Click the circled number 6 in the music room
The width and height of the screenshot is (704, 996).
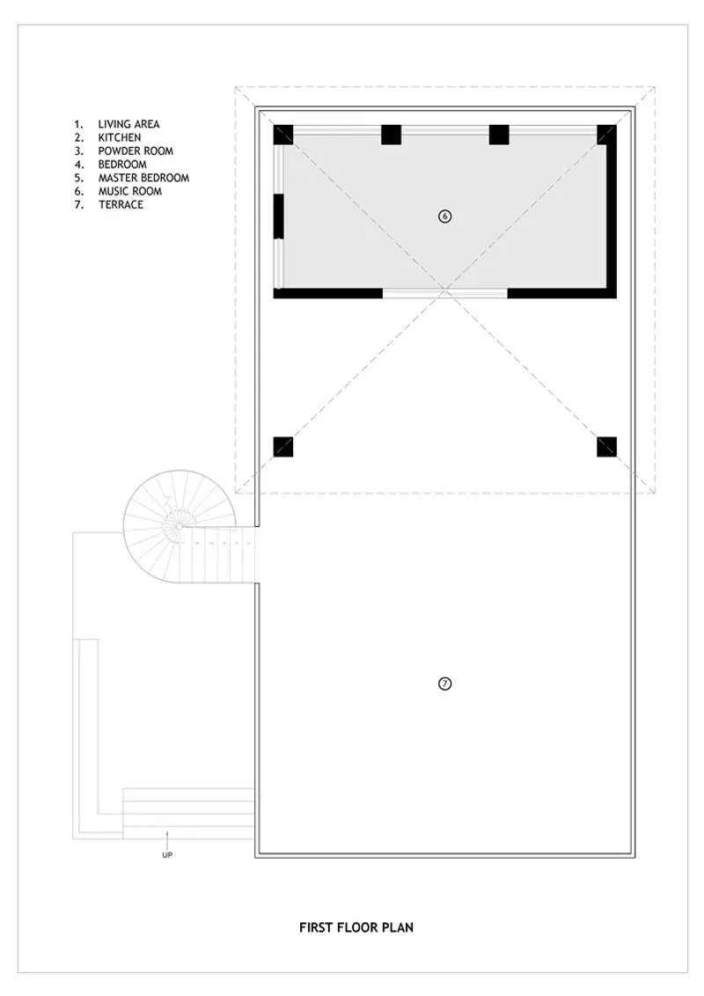click(x=444, y=216)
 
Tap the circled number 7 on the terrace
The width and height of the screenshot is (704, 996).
click(x=444, y=684)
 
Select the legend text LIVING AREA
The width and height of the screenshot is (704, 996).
click(x=129, y=124)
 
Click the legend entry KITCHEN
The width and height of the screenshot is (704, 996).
click(x=120, y=137)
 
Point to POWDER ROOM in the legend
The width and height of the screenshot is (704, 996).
click(x=136, y=150)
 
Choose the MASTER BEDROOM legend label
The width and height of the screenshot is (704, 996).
click(x=143, y=177)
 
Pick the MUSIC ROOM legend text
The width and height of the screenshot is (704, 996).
click(x=130, y=191)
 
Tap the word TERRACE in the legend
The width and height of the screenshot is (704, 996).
click(x=121, y=204)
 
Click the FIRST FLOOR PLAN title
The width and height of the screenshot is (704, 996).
click(x=356, y=927)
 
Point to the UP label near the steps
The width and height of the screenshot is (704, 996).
click(x=167, y=855)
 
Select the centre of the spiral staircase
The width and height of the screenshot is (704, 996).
click(x=180, y=526)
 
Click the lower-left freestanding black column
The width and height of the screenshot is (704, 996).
click(x=283, y=447)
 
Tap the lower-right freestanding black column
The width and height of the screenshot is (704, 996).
click(x=607, y=447)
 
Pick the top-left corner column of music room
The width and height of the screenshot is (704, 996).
click(x=283, y=135)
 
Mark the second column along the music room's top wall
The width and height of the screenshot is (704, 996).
click(x=392, y=135)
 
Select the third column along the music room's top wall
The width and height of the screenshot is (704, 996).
click(x=499, y=135)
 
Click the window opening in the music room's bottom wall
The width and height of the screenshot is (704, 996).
click(x=444, y=293)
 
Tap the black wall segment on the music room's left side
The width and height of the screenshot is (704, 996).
click(x=278, y=216)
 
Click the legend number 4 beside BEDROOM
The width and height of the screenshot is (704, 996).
click(x=79, y=164)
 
